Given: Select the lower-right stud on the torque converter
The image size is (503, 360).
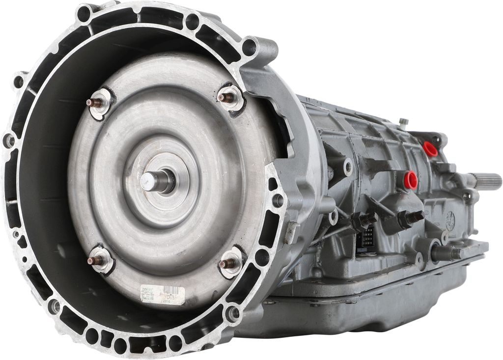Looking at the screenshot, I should pyautogui.click(x=227, y=263).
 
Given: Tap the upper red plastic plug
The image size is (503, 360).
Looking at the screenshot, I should pyautogui.click(x=430, y=149).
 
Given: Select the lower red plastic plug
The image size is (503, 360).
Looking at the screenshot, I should pyautogui.click(x=410, y=180).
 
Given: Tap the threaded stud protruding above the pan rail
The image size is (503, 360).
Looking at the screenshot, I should pyautogui.click(x=445, y=253).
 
